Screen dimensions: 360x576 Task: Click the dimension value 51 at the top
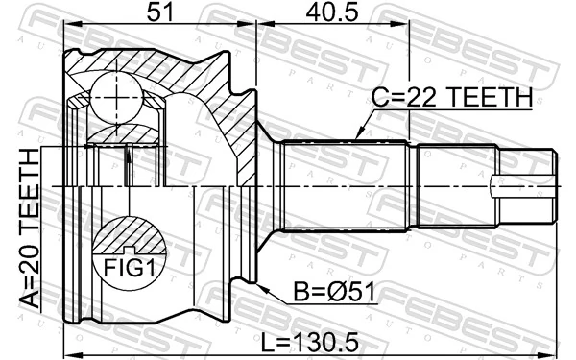[x=159, y=13]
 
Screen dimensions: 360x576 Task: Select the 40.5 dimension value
[x=333, y=13]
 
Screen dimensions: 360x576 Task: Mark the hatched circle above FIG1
[x=126, y=235]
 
